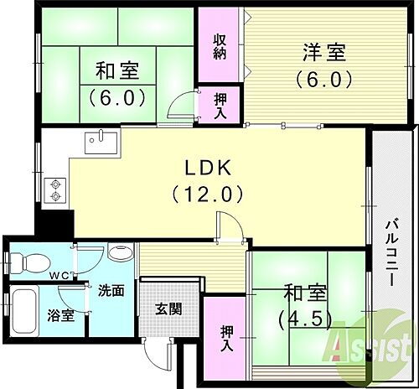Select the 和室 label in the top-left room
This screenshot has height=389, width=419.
coord(117,69)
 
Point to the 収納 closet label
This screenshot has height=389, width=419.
coord(220,47)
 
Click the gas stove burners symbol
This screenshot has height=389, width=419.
coord(56,189)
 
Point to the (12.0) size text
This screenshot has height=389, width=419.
coord(209,194)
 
